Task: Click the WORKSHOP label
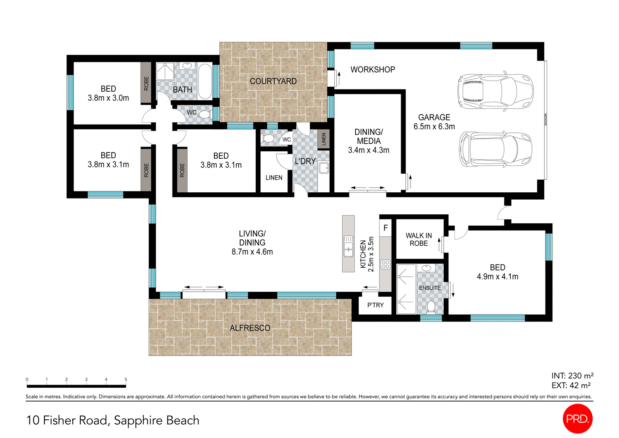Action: click(x=373, y=70)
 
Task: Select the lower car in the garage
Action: click(x=495, y=149)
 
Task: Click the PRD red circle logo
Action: click(x=577, y=418)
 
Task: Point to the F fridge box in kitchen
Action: click(x=385, y=228)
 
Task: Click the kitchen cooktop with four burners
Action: click(x=385, y=264)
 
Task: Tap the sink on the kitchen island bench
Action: click(x=348, y=246)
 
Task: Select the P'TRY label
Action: click(x=375, y=305)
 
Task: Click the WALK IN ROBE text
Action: click(x=419, y=240)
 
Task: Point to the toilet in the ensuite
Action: click(x=431, y=307)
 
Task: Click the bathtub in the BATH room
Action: click(x=205, y=81)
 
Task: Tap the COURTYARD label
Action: click(x=273, y=81)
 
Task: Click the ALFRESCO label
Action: click(x=250, y=328)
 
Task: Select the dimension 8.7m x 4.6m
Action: click(x=252, y=252)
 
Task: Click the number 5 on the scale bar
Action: click(x=126, y=380)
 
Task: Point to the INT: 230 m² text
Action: click(x=572, y=376)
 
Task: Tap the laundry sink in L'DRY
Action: click(x=323, y=168)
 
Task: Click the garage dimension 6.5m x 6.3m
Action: click(x=434, y=127)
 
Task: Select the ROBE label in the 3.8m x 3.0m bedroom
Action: click(x=146, y=83)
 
